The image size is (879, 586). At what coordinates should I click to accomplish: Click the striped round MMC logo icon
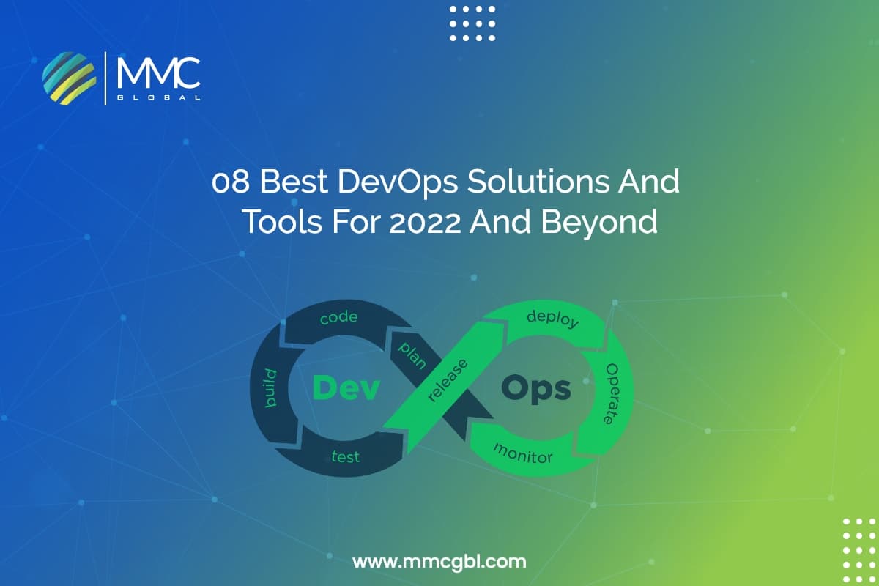point(70,78)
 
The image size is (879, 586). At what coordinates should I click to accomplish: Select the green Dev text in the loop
point(346,388)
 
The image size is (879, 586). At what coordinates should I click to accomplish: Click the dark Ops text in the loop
point(536,388)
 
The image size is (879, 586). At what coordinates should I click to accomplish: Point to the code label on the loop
point(339,317)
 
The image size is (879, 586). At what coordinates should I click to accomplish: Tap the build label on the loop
point(271,388)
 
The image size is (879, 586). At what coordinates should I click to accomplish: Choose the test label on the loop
point(345,457)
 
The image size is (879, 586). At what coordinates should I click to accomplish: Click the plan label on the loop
point(412,355)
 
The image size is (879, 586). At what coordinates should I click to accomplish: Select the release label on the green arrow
point(448,381)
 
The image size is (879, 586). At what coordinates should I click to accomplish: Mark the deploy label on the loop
point(553,319)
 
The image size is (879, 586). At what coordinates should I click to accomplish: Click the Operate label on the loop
point(610,393)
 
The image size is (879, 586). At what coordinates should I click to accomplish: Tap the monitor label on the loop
point(523,453)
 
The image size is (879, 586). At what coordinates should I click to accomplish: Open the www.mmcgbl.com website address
point(439,563)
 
